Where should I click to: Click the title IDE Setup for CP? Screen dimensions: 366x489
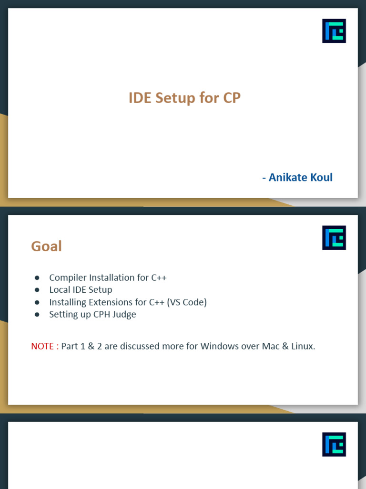[x=184, y=98]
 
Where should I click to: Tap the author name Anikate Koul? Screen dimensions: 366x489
[x=301, y=177]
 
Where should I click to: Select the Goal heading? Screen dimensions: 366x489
[x=46, y=246]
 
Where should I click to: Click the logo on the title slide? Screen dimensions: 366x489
[x=334, y=31]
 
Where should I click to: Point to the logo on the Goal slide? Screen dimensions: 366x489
[x=334, y=238]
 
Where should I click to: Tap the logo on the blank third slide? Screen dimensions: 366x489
[x=334, y=445]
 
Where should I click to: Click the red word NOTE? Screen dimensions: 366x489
[x=42, y=346]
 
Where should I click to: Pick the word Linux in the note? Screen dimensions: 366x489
[x=303, y=346]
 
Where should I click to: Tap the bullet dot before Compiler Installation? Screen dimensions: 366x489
[x=37, y=277]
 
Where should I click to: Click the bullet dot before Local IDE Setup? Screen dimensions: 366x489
[x=37, y=290]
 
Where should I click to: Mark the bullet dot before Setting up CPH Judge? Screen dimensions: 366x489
[x=37, y=314]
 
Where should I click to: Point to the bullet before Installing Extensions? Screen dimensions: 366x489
[x=37, y=302]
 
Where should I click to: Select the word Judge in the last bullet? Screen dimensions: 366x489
[x=124, y=314]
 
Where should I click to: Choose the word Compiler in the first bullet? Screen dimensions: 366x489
[x=68, y=277]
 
